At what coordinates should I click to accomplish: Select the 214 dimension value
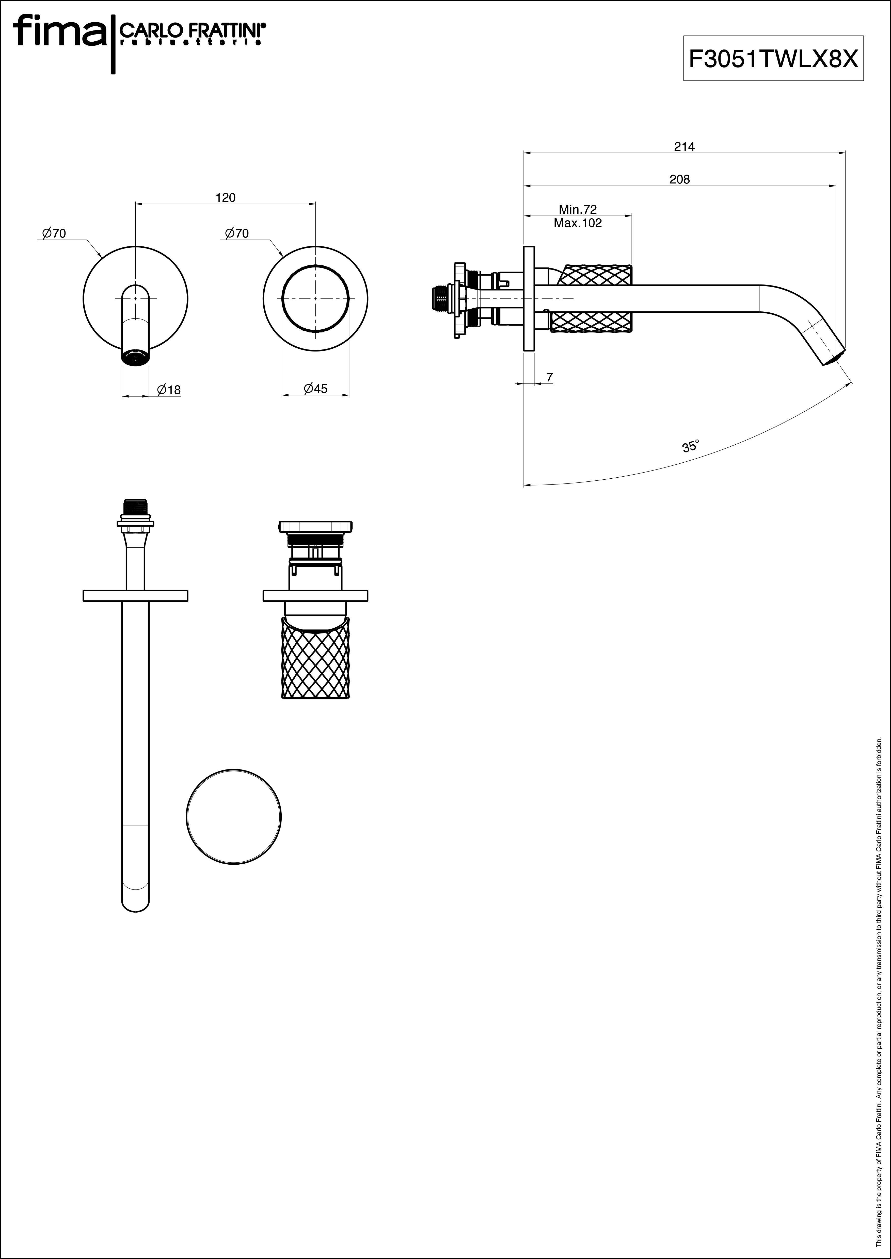click(x=684, y=146)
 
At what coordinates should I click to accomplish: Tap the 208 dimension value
click(x=680, y=179)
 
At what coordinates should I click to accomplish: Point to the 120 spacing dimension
click(x=226, y=197)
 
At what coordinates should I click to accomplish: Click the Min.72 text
click(x=578, y=209)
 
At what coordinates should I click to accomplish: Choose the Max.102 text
click(x=578, y=223)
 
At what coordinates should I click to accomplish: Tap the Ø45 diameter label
click(x=315, y=389)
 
